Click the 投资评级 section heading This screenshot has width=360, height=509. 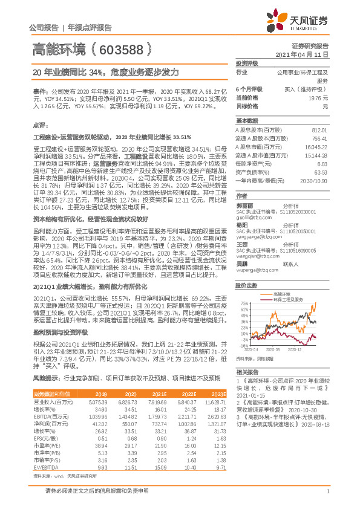(247, 63)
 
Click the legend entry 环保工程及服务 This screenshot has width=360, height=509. (287, 298)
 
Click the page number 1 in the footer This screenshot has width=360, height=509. (326, 498)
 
